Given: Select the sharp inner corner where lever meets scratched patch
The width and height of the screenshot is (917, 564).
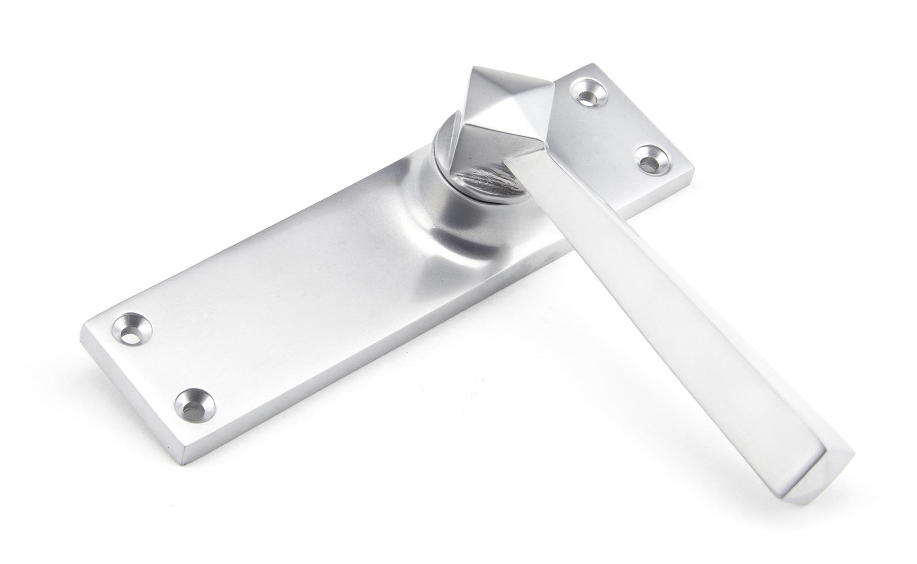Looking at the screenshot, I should [504, 161].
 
